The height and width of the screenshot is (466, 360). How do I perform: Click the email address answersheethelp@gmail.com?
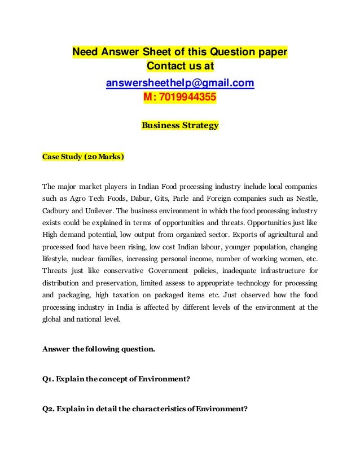pos(180,84)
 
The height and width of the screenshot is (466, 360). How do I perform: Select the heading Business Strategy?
pos(179,125)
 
